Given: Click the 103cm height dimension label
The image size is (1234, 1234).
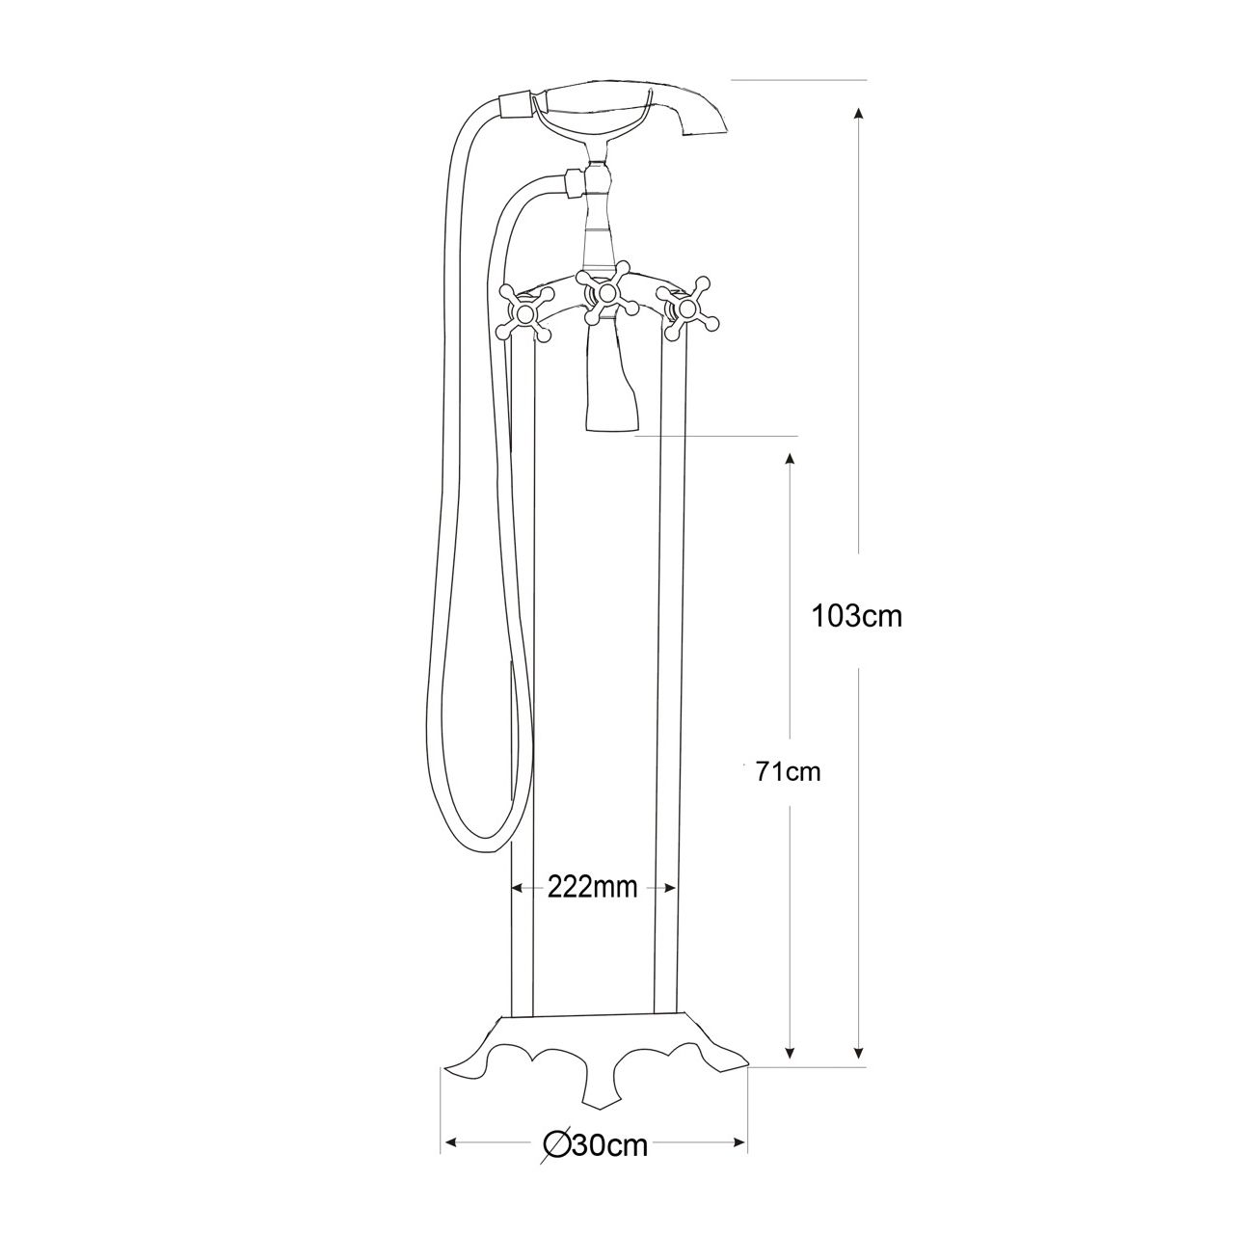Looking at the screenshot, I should coord(857,616).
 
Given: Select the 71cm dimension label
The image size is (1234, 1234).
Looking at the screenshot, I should coord(789,771).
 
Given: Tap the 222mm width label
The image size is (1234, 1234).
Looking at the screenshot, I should coord(592,887).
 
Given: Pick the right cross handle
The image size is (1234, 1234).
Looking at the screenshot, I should coord(687,308).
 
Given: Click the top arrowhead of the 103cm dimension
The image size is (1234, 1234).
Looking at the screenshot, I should coord(859,113).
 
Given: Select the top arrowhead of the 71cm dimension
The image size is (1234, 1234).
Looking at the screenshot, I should coord(791,460).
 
